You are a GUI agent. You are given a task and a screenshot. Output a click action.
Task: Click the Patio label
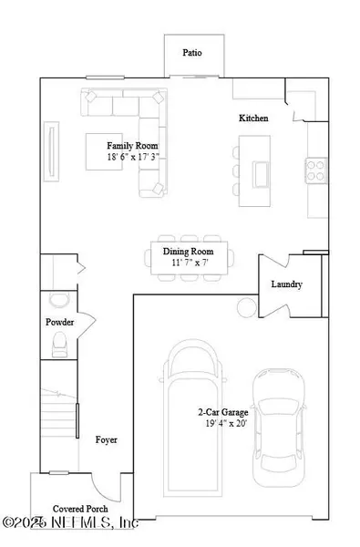192,53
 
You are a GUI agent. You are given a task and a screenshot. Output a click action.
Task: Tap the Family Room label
130,146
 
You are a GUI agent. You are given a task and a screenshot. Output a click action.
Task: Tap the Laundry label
286,284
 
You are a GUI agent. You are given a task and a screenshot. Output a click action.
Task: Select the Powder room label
59,323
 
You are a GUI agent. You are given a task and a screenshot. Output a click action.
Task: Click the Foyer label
107,439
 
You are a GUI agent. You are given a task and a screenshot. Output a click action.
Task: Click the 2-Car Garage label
225,411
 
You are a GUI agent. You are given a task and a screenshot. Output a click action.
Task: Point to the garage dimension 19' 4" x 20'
225,423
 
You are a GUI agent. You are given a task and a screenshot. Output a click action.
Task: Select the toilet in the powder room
61,343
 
